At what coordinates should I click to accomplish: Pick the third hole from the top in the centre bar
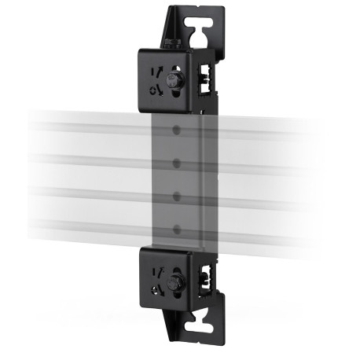click(x=177, y=195)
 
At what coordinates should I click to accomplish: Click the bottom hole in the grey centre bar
click(x=177, y=229)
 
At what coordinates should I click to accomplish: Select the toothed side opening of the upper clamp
click(x=206, y=75)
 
